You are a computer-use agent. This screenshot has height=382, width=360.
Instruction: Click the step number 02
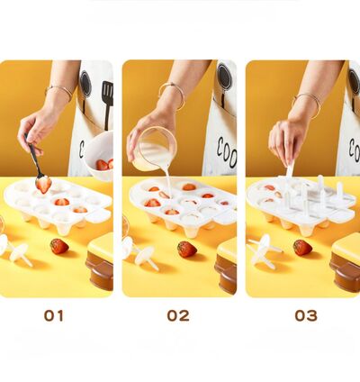click(x=178, y=315)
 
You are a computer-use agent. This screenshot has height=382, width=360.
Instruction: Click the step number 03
click(x=306, y=315)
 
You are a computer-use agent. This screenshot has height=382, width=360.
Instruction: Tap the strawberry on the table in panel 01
click(x=58, y=246)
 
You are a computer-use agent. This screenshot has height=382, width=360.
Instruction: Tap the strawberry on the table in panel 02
click(x=186, y=249)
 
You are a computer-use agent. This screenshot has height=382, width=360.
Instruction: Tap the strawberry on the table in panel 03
click(x=302, y=247)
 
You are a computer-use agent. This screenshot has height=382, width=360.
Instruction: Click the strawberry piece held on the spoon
click(x=43, y=184)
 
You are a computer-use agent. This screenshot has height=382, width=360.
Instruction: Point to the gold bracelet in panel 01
click(x=59, y=91)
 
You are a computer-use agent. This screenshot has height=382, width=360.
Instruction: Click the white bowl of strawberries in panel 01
click(x=99, y=153)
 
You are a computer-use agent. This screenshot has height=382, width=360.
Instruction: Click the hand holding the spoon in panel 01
click(x=36, y=126)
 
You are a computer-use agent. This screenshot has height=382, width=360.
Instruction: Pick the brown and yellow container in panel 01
click(x=100, y=262)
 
